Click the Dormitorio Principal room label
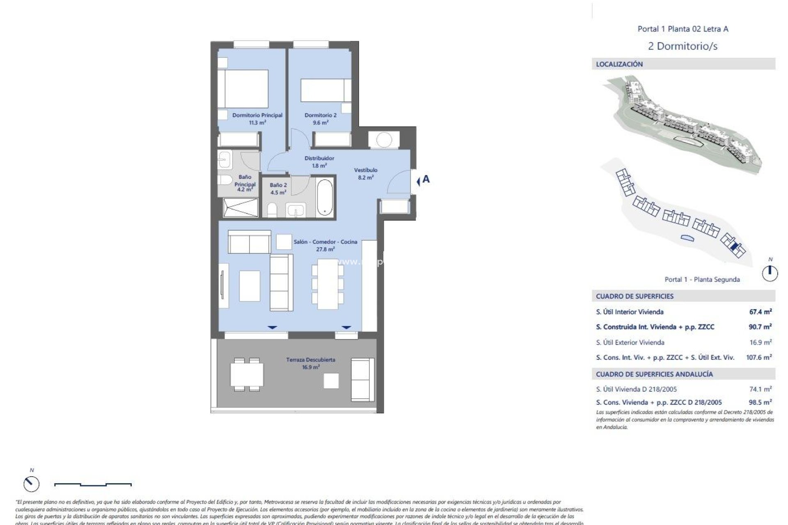tap(257, 115)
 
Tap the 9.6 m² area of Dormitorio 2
tap(320, 123)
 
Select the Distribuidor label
tap(319, 158)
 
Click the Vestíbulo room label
tap(365, 170)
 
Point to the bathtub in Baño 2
tap(325, 197)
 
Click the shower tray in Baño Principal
tap(241, 207)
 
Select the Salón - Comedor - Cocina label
tap(325, 242)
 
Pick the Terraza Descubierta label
tap(311, 360)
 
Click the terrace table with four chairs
tap(247, 374)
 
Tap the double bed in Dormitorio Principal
tap(243, 89)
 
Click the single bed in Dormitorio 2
tap(326, 90)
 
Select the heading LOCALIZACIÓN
tap(619, 64)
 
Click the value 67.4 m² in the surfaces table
tap(760, 312)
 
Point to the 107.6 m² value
tap(758, 357)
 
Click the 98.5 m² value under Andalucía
tap(760, 402)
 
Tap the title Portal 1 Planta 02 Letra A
tap(683, 29)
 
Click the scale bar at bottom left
tap(93, 484)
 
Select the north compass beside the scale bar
tap(31, 484)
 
